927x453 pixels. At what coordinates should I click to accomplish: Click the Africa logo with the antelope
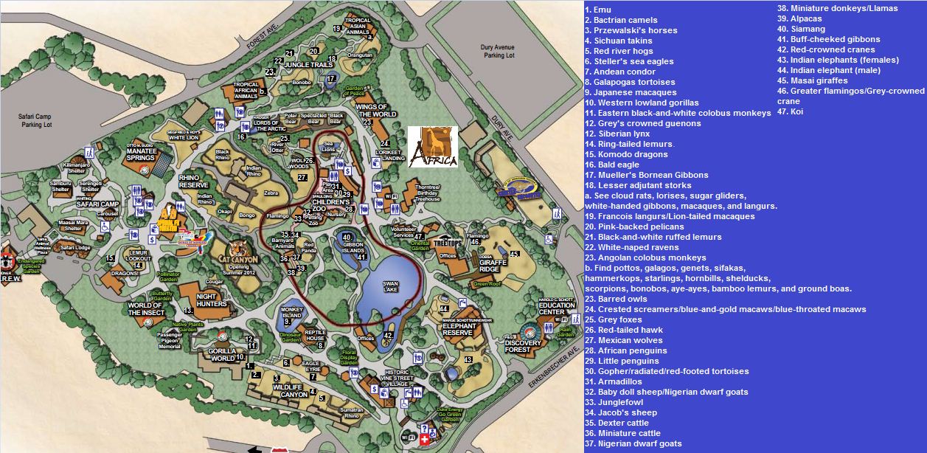pos(433,147)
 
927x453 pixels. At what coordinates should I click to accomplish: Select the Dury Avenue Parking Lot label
pos(499,51)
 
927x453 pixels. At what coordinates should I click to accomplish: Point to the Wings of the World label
pos(376,111)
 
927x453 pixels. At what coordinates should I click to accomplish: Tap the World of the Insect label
pos(146,308)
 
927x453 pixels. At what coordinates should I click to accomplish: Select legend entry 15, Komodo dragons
pos(629,154)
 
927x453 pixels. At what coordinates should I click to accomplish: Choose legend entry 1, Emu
pos(600,10)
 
